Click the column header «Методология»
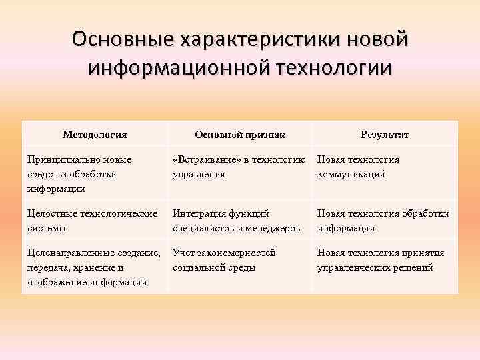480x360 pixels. [95, 135]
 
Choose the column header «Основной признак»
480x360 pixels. [240, 135]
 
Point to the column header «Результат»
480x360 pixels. [385, 135]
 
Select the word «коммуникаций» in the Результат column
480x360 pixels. [351, 174]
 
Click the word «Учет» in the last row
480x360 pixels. [184, 253]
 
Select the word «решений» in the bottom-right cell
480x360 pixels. [413, 267]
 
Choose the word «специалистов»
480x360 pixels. [203, 228]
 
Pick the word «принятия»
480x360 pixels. [423, 253]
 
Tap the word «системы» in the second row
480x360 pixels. [44, 228]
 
